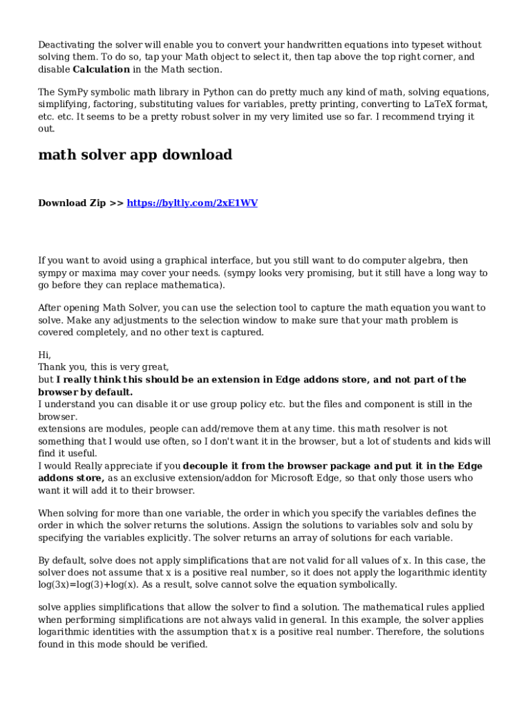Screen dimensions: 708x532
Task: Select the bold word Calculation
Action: [x=101, y=70]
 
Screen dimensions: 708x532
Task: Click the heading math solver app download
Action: [x=135, y=155]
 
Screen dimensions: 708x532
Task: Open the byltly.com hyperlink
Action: [x=192, y=203]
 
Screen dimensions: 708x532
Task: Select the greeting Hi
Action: [x=44, y=355]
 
